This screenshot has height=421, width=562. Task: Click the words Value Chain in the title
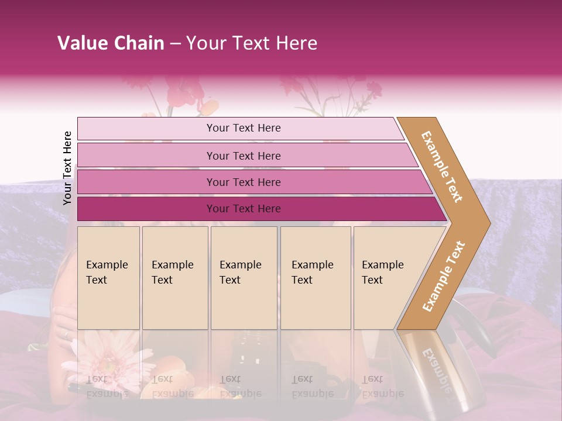point(111,43)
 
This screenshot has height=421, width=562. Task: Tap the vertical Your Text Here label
point(67,168)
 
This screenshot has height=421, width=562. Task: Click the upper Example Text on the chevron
point(442,167)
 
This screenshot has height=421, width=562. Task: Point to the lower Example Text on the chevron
point(443,276)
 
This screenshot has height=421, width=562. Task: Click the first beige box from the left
point(108,278)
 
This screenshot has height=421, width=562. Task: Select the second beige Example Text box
point(175,278)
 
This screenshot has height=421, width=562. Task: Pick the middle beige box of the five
point(244,278)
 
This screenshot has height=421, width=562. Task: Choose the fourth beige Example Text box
point(316,278)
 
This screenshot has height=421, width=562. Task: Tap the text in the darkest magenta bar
point(244,209)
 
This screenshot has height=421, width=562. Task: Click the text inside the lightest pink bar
point(244,128)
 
